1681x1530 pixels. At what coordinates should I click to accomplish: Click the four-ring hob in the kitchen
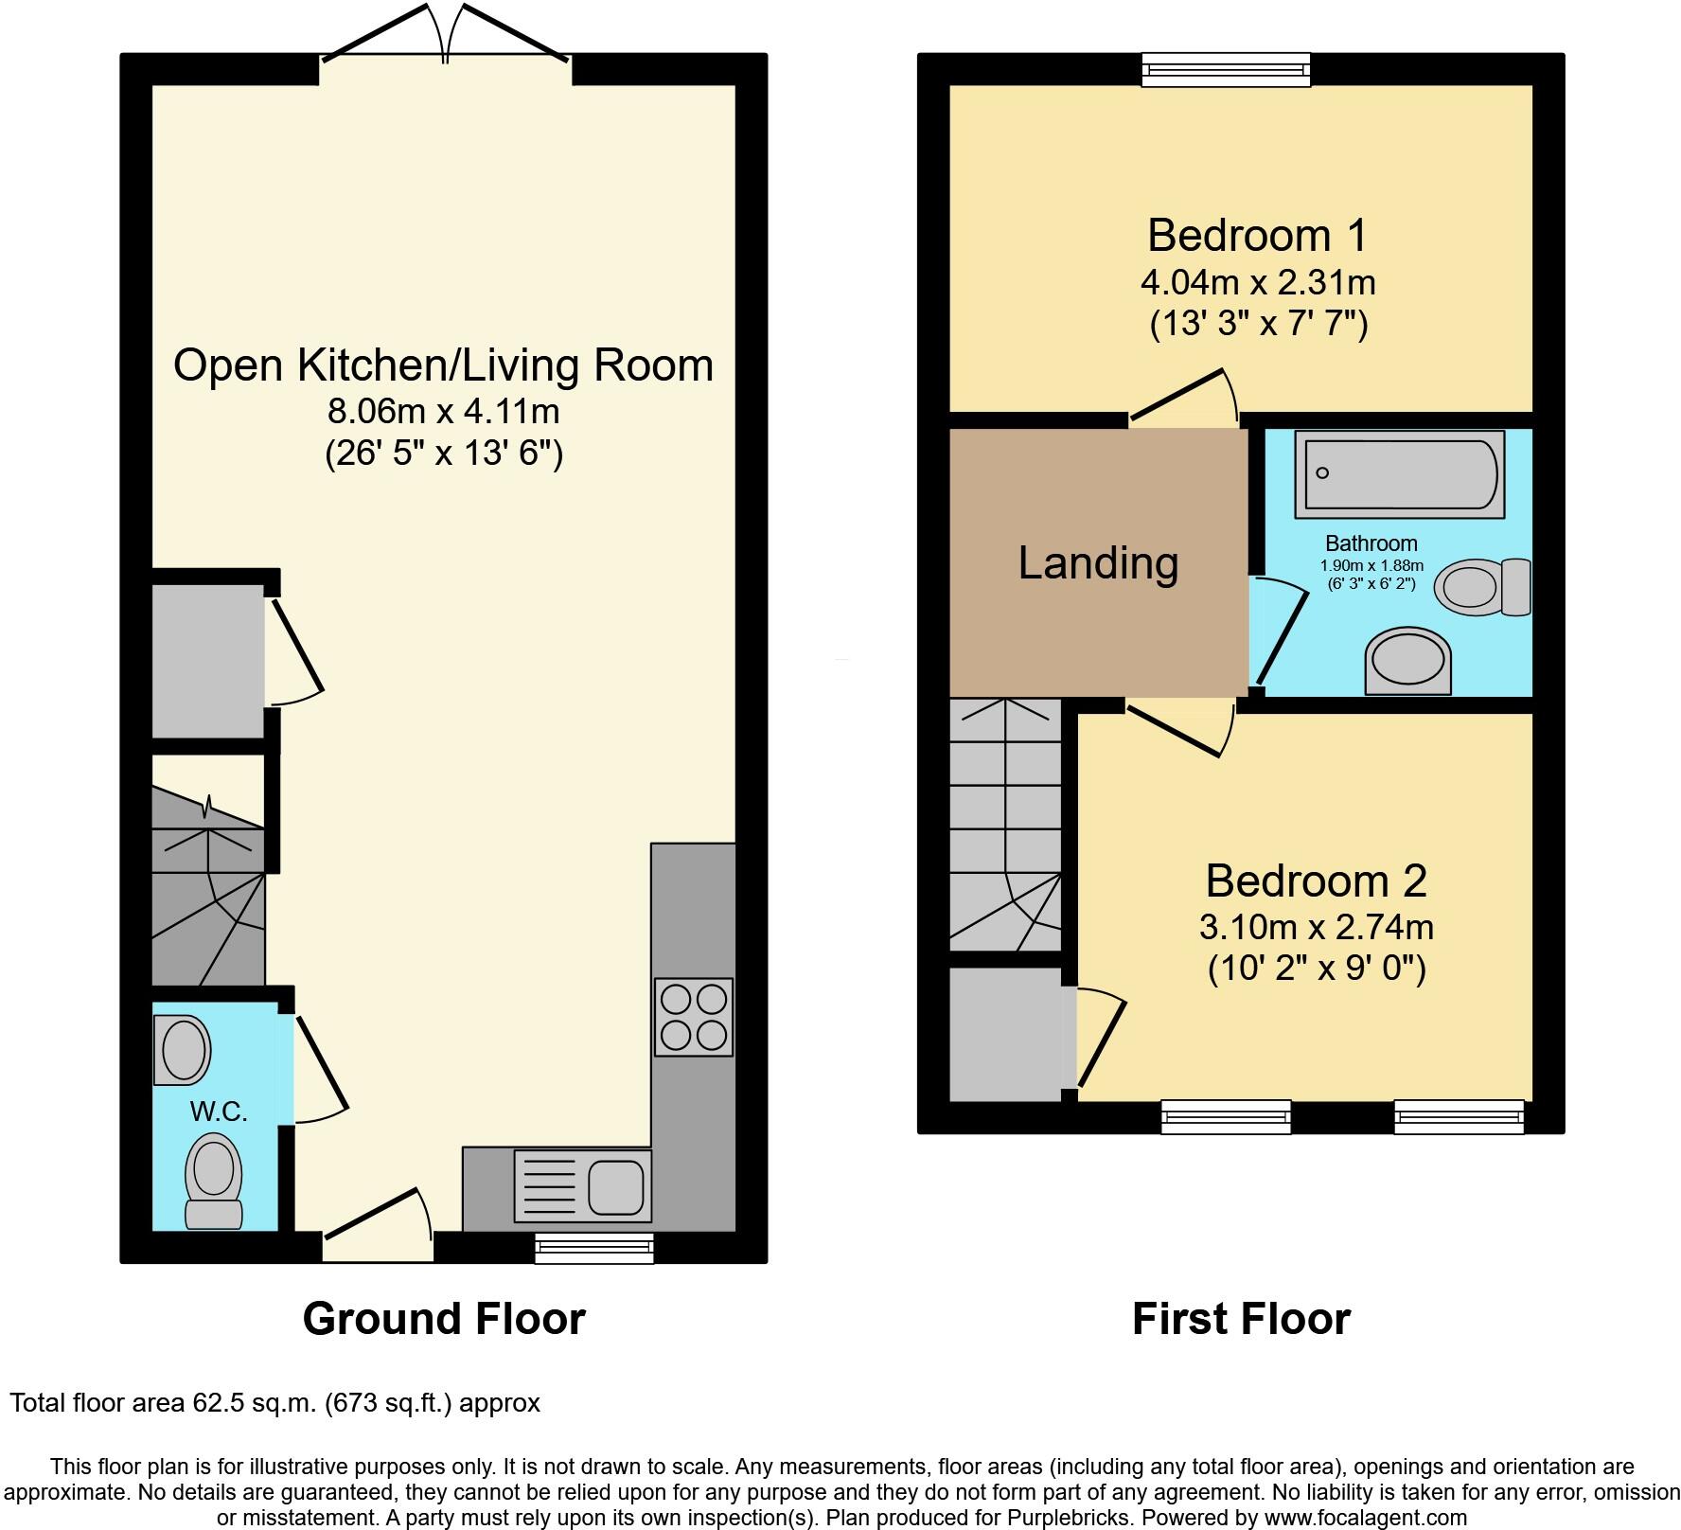(694, 1017)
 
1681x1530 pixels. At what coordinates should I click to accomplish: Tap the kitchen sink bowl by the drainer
(617, 1186)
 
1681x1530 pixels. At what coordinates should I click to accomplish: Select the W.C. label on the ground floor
(219, 1112)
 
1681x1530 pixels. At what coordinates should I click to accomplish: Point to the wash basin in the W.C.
(182, 1049)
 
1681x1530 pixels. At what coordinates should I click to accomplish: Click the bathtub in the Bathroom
(1399, 473)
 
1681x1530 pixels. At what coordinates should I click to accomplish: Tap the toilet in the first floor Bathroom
(1481, 587)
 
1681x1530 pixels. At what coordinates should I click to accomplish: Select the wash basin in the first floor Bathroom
(1407, 660)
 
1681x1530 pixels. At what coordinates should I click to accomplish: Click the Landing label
(1098, 562)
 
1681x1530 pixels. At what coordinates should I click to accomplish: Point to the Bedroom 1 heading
(1258, 235)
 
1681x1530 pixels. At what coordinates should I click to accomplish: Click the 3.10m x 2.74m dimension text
(1316, 927)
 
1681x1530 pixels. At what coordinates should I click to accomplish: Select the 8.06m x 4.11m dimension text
(443, 412)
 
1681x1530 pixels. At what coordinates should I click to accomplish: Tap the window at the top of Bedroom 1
(1226, 69)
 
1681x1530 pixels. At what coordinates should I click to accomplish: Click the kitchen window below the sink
(593, 1247)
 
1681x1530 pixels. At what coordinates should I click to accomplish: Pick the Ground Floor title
(444, 1319)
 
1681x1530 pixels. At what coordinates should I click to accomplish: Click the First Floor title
(1241, 1319)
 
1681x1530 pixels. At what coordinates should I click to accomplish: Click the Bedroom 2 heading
(1316, 881)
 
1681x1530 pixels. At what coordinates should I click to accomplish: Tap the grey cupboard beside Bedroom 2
(1006, 1034)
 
